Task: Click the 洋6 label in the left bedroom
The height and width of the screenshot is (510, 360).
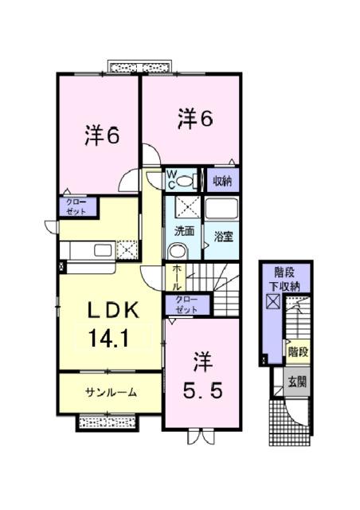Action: tap(102, 136)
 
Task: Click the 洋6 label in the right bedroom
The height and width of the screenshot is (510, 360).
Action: tap(194, 120)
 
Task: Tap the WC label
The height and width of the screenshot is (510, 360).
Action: tap(170, 178)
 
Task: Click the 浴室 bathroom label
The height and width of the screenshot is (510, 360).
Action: tap(222, 236)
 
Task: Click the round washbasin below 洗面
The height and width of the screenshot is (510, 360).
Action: tap(177, 250)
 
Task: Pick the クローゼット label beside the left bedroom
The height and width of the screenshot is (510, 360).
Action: tap(76, 207)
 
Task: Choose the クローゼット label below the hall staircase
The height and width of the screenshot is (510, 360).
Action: tap(189, 304)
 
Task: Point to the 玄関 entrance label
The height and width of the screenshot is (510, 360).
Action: tap(298, 382)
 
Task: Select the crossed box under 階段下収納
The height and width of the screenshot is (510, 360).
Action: tap(273, 303)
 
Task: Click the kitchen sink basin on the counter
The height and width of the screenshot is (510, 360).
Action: tap(103, 252)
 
